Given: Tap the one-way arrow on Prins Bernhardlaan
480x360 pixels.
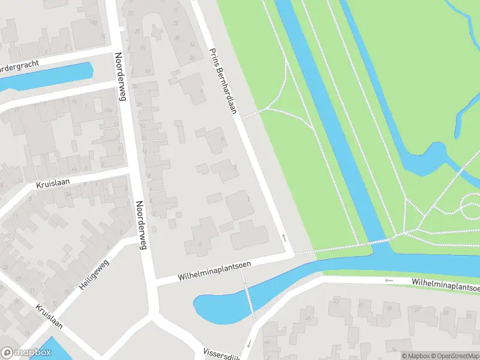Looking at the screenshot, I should point(284,238).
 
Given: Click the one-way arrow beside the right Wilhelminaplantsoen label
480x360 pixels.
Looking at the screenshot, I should point(389,280).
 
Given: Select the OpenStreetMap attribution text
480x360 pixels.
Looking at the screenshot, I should point(454,356).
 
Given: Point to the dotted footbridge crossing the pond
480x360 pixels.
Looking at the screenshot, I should point(248,295).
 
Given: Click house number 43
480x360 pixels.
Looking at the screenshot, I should point(335,301).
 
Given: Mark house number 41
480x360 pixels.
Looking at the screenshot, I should point(361,305).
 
